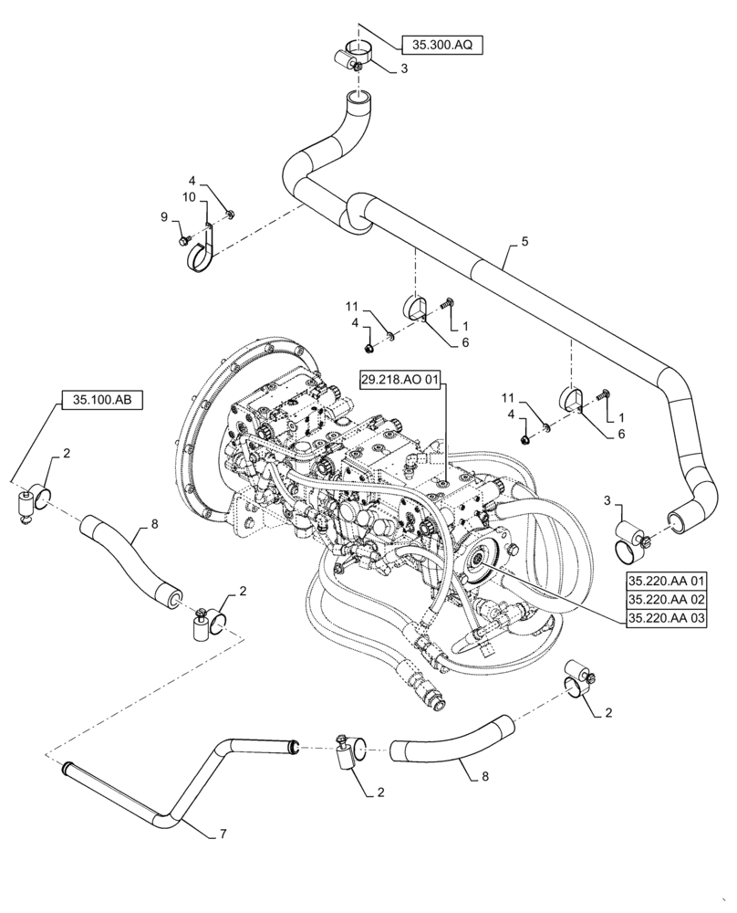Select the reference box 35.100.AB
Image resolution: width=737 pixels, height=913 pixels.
[102, 400]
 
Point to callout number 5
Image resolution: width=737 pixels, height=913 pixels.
[524, 241]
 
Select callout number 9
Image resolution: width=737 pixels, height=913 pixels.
[165, 216]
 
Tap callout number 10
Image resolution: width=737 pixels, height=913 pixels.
[188, 197]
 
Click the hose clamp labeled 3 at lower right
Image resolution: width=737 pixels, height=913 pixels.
[631, 539]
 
